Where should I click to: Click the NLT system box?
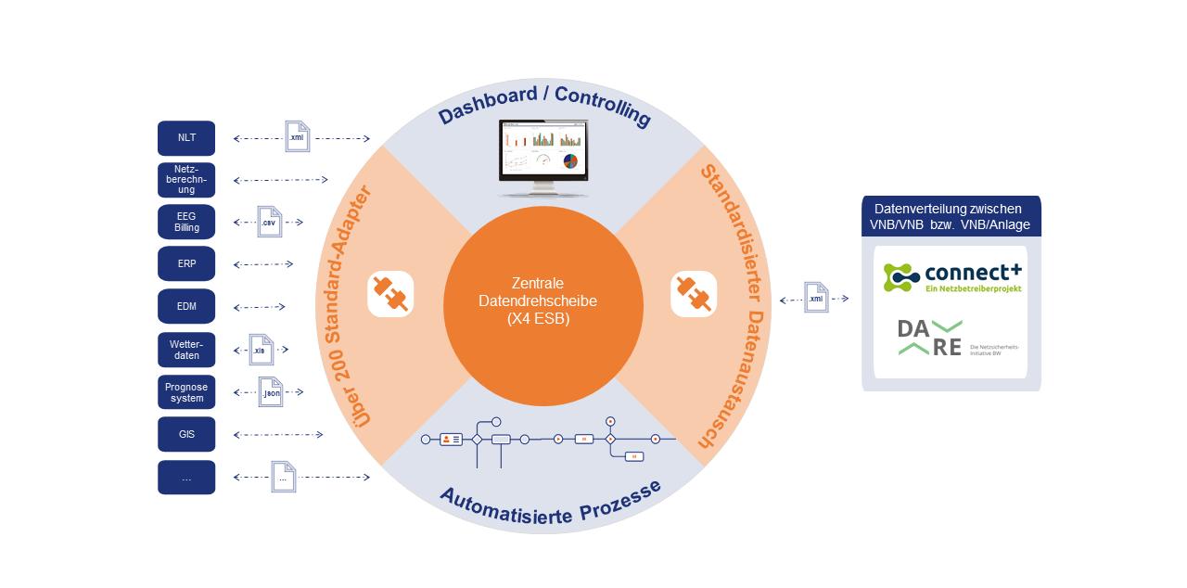click(x=186, y=138)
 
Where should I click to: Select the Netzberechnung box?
click(x=186, y=180)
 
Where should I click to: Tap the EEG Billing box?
click(x=186, y=223)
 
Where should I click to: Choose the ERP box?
click(x=186, y=263)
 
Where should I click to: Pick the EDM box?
click(x=186, y=306)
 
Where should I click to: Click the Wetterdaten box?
click(x=186, y=350)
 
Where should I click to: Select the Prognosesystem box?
click(x=186, y=392)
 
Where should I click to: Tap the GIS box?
click(x=186, y=434)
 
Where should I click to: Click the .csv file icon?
click(x=269, y=222)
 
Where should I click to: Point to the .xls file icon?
click(x=262, y=350)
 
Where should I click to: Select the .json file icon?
click(x=270, y=392)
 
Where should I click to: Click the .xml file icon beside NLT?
click(x=297, y=137)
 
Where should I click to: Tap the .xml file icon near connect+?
click(x=816, y=298)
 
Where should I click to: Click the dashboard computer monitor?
click(x=542, y=156)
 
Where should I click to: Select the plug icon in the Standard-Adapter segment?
click(x=390, y=294)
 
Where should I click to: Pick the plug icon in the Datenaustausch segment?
click(x=694, y=294)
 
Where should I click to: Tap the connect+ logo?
click(x=951, y=275)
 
